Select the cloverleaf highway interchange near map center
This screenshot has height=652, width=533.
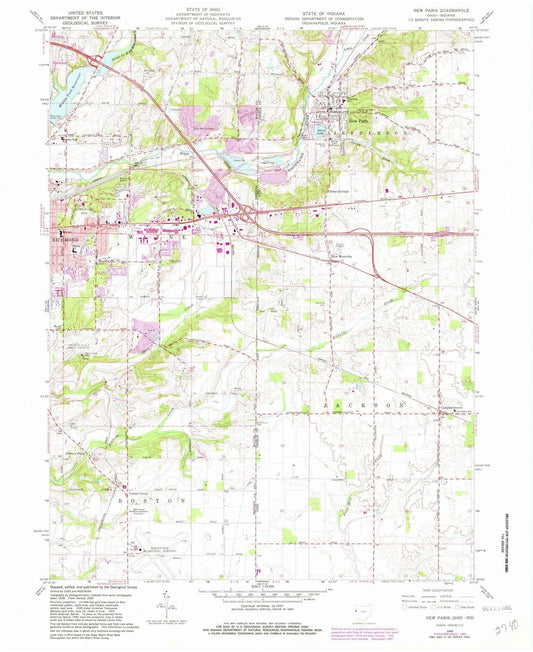point(243,211)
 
